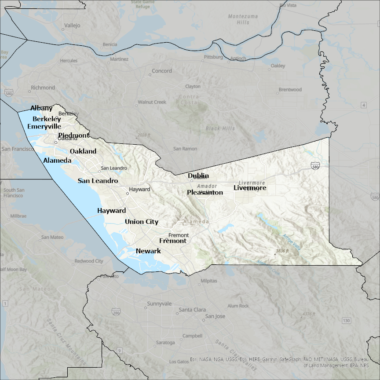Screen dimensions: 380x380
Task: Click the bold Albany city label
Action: coord(41,108)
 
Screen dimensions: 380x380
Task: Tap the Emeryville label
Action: coord(44,127)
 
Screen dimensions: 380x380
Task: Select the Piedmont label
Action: coord(73,135)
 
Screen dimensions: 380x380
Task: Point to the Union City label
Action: coord(141,222)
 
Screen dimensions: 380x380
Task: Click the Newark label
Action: coord(148,251)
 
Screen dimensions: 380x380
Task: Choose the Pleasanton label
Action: coord(205,193)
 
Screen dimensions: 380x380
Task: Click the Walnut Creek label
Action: coord(152,102)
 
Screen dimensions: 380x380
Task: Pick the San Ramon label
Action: coord(185,149)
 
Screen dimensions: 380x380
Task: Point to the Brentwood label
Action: coord(290,90)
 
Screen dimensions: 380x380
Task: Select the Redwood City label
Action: coord(89,261)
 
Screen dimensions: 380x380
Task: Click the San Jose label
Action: coord(215,316)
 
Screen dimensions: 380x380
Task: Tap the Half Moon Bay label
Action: coord(13,269)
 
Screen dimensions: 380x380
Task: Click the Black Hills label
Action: coord(220,128)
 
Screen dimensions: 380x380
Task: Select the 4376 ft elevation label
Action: coord(309,314)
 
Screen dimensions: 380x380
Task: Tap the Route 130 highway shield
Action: coord(346,321)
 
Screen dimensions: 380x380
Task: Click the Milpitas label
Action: coord(208,281)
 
